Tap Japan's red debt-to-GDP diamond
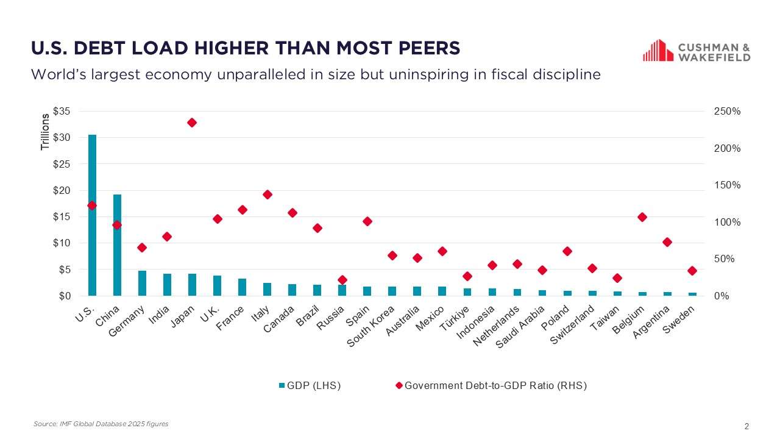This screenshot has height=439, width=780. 192,123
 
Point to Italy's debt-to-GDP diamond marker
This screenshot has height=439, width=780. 267,195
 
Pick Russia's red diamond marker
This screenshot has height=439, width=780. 342,280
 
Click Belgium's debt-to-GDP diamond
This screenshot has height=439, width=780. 642,217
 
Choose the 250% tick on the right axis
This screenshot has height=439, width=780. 727,112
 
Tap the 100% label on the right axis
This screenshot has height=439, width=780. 727,223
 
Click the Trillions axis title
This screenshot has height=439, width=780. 45,132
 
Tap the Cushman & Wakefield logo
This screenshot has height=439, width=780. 697,51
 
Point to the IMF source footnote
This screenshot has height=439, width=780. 101,424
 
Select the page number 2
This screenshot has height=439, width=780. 746,426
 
